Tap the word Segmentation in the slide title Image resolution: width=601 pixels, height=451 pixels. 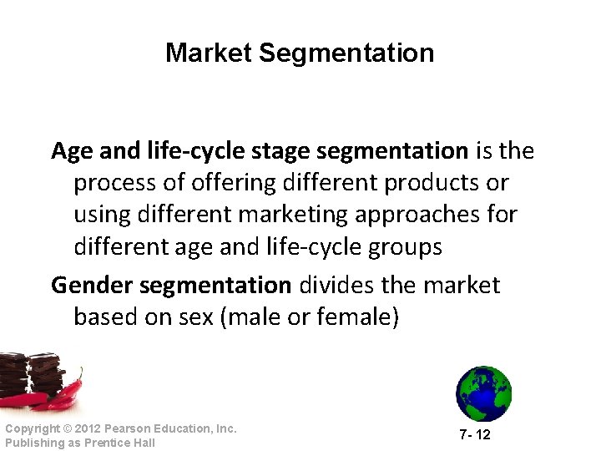(x=346, y=53)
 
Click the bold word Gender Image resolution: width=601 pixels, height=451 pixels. (x=92, y=286)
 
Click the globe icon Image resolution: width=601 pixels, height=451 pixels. (x=483, y=392)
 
